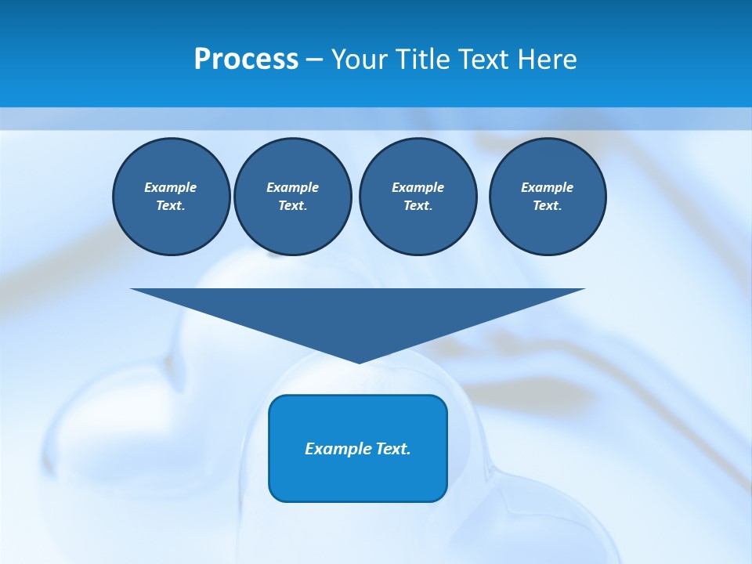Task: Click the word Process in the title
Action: pyautogui.click(x=246, y=60)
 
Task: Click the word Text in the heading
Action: pyautogui.click(x=484, y=60)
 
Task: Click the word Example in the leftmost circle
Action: pyautogui.click(x=171, y=187)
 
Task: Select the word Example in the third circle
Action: pyautogui.click(x=418, y=187)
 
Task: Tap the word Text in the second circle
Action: pyautogui.click(x=291, y=205)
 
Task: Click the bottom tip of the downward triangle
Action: pyautogui.click(x=359, y=361)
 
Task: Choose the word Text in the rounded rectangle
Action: pyautogui.click(x=392, y=449)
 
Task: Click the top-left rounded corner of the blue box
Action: pyautogui.click(x=275, y=401)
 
